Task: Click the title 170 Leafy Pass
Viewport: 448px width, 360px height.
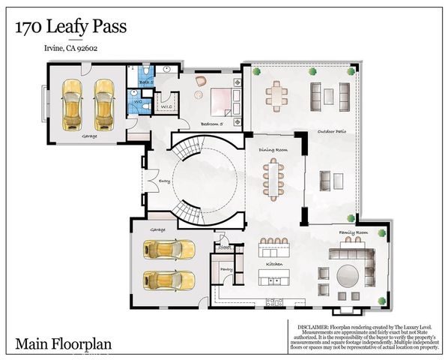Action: click(x=70, y=28)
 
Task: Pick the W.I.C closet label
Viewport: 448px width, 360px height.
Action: click(x=166, y=106)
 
